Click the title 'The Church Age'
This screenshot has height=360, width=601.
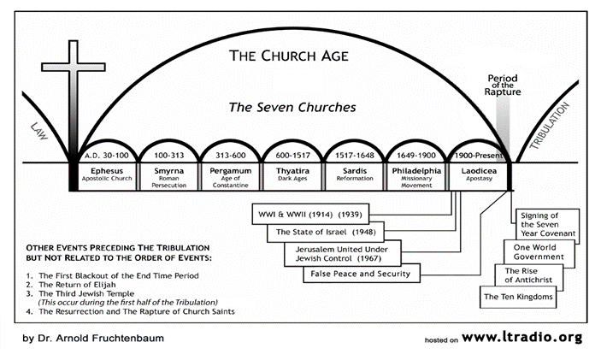pyautogui.click(x=289, y=56)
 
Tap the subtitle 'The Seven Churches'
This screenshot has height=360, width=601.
pyautogui.click(x=292, y=108)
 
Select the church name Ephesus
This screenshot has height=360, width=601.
pyautogui.click(x=107, y=171)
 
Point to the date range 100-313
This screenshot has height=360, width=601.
pyautogui.click(x=169, y=156)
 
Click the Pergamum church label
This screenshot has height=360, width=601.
pyautogui.click(x=230, y=171)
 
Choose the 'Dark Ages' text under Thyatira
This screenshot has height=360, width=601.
pyautogui.click(x=292, y=179)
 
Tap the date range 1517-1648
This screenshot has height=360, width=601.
pyautogui.click(x=355, y=156)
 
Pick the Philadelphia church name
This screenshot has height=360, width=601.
pyautogui.click(x=416, y=171)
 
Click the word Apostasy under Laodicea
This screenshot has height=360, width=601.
pyautogui.click(x=479, y=179)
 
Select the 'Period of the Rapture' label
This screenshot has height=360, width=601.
pyautogui.click(x=503, y=85)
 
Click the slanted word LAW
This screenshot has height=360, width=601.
pyautogui.click(x=39, y=131)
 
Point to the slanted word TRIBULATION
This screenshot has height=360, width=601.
pyautogui.click(x=549, y=126)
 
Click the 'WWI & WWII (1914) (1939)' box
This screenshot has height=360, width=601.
pyautogui.click(x=310, y=215)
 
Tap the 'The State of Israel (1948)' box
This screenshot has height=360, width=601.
pyautogui.click(x=326, y=232)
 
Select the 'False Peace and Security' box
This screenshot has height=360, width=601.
pyautogui.click(x=362, y=274)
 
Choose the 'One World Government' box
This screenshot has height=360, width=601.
pyautogui.click(x=539, y=252)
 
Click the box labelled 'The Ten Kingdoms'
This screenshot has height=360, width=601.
pyautogui.click(x=518, y=297)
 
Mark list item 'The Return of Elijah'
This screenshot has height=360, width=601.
pyautogui.click(x=77, y=285)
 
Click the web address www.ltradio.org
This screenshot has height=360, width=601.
pyautogui.click(x=522, y=338)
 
